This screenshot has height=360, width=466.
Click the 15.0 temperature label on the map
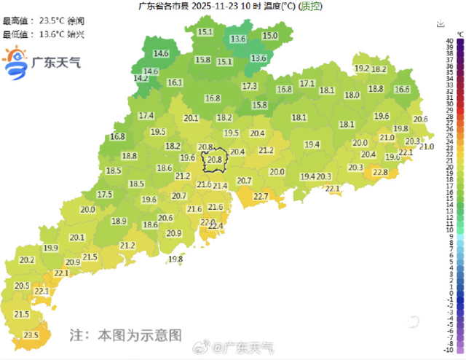(269, 36)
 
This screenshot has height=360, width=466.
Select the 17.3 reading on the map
(250, 86)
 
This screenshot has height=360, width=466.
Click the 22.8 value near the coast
(380, 172)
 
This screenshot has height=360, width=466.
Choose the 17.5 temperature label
(105, 195)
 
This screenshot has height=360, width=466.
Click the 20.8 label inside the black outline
(214, 160)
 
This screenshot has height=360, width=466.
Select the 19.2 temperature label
(362, 69)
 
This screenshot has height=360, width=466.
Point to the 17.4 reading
(146, 115)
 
